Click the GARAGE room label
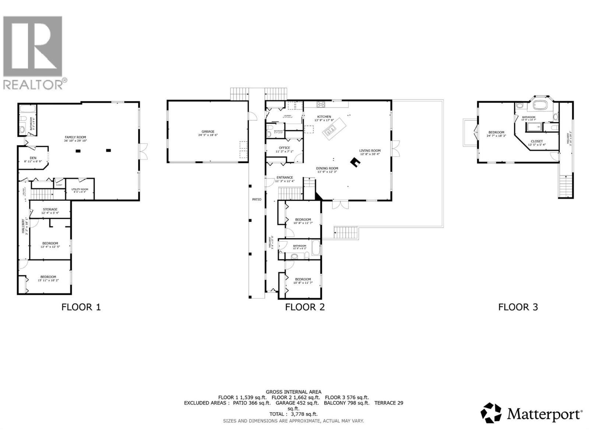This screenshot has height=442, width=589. click(x=208, y=131)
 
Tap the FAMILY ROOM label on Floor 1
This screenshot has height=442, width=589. click(x=75, y=137)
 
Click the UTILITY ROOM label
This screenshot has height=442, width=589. click(x=80, y=189)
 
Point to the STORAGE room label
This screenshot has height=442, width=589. click(x=50, y=209)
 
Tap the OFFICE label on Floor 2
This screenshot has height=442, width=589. click(x=284, y=148)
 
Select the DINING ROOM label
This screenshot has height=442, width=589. click(x=327, y=168)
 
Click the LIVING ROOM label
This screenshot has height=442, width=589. click(x=370, y=150)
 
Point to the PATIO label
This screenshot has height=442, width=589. click(x=257, y=199)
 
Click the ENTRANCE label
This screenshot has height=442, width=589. click(x=285, y=178)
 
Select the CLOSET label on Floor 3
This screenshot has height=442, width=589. click(x=536, y=141)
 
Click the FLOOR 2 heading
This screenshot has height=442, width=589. click(x=305, y=307)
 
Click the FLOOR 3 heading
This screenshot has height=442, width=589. click(x=518, y=307)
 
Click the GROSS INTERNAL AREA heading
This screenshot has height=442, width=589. click(x=293, y=392)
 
